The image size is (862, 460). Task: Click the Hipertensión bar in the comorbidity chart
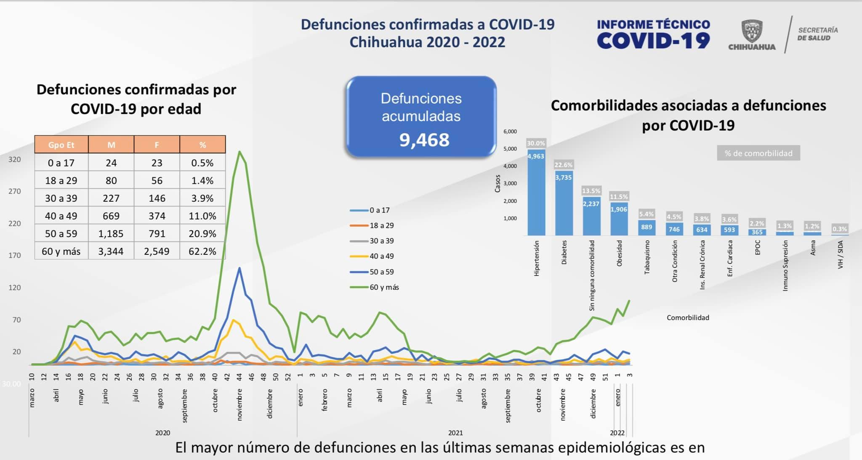[x=536, y=193]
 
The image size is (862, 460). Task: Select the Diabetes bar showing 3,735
[x=564, y=204]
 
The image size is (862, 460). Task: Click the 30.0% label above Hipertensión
[x=536, y=143]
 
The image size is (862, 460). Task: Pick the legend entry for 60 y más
[x=375, y=288]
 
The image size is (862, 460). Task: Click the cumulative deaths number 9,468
[x=424, y=140]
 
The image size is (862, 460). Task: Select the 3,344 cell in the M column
[x=111, y=251]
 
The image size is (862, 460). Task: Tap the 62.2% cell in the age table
[x=202, y=251]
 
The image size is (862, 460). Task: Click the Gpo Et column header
[x=61, y=145]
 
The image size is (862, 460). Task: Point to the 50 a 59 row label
[x=61, y=234]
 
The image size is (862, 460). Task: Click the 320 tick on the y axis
[x=15, y=159]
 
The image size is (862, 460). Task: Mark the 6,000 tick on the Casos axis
[x=510, y=132]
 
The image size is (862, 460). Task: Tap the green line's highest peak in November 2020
[x=239, y=152]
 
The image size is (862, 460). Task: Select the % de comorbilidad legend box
[x=758, y=153]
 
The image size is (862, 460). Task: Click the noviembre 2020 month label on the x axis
[x=239, y=404]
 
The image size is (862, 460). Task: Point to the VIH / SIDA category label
[x=841, y=254]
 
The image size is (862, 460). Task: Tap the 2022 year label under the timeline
[x=617, y=433]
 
